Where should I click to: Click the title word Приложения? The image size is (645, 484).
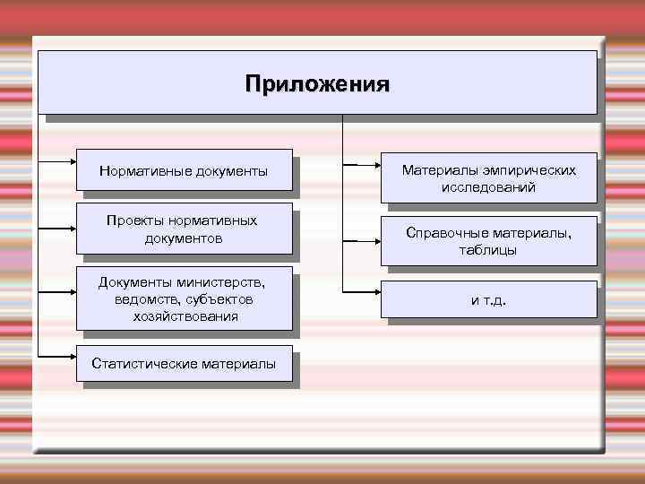coord(317,85)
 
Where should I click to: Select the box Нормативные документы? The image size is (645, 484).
coord(184,170)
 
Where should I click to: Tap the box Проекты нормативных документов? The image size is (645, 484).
coord(184,229)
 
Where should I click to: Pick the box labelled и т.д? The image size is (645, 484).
coord(488,300)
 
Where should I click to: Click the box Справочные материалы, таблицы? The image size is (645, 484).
coord(488,241)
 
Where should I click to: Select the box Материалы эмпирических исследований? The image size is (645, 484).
coord(488,178)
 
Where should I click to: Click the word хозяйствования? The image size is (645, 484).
coord(185,315)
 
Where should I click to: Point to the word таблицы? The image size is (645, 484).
coord(488,250)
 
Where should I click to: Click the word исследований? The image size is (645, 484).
coord(488,187)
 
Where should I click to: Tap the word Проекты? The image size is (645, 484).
coord(133,220)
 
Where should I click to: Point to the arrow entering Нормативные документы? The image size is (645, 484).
coord(58,162)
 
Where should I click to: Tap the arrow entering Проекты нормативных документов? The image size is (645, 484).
coord(58,229)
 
